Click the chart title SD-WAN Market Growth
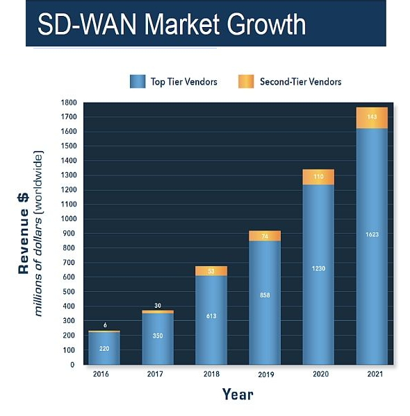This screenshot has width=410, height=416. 172,24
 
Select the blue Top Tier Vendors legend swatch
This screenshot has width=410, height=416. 138,81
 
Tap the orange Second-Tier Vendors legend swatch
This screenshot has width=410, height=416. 246,81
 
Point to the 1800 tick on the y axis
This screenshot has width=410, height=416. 69,103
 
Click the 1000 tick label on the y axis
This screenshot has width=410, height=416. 69,218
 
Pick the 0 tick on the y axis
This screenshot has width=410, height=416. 72,365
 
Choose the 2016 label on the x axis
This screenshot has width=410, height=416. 101,374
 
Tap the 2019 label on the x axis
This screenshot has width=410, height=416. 266,374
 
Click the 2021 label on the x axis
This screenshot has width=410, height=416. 375,374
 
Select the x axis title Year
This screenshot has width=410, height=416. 238,395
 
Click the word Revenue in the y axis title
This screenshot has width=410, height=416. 23,241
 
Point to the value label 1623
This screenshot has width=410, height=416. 372,234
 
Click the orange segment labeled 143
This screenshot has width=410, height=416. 372,118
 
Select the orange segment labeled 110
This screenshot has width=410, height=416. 318,177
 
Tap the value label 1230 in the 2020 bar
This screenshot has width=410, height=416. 318,268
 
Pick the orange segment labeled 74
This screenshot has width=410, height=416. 265,236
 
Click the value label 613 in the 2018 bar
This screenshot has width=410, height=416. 211,316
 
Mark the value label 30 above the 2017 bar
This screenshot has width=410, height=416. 158,306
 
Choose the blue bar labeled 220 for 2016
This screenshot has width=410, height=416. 104,348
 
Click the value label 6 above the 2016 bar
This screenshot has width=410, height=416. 106,325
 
